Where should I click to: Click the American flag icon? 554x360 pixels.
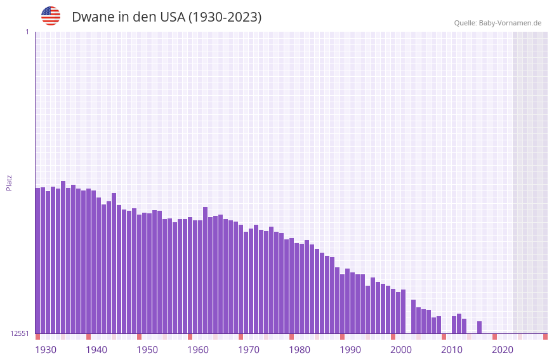coord(51,16)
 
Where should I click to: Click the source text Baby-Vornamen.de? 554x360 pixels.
coord(510,23)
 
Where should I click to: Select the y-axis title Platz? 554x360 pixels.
coord(9,182)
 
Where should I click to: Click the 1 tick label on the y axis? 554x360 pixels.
coord(27,32)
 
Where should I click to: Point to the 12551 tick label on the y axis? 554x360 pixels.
coord(21,333)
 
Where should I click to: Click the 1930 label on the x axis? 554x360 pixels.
coord(46,350)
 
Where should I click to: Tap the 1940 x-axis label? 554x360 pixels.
coord(96,350)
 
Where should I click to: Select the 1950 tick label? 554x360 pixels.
coord(147,350)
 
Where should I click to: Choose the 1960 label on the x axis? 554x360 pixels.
coord(198,350)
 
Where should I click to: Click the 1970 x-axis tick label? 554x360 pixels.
coord(249,350)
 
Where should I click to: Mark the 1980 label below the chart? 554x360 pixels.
coord(300,350)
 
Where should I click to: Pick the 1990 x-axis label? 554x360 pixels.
coord(350,350)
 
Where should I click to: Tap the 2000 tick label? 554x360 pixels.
coord(401,350)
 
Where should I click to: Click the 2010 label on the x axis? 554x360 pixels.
coord(452,350)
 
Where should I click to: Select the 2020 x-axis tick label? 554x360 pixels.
coord(503,350)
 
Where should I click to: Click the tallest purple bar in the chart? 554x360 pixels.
coord(63,257)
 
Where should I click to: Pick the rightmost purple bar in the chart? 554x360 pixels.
coord(480,328)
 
